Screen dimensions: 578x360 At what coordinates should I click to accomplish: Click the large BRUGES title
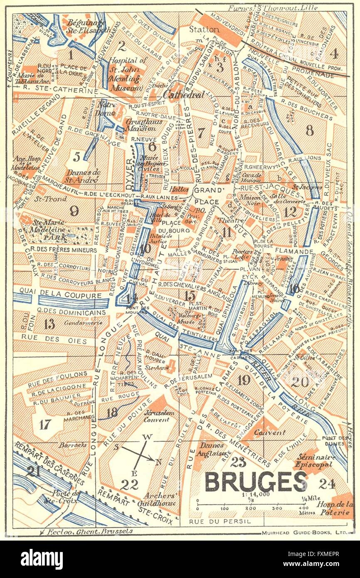point(256,482)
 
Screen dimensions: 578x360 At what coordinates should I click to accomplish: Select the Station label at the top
point(204,30)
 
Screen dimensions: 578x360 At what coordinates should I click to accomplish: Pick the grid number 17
point(45,425)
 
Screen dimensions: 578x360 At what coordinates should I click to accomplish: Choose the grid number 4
point(334,53)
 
